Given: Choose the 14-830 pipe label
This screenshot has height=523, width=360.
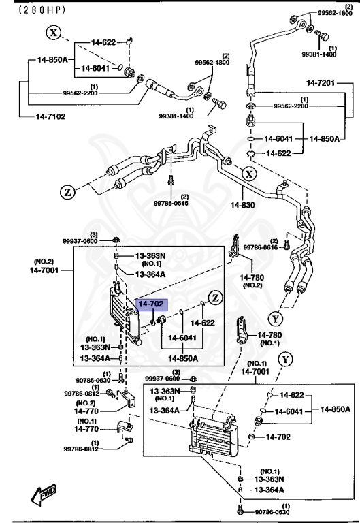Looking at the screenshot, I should [x=242, y=204].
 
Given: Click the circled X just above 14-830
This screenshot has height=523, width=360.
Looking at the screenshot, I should [x=249, y=174].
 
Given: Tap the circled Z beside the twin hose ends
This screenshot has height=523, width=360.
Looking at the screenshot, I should [x=67, y=193].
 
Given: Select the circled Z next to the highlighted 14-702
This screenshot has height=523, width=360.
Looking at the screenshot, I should [x=215, y=297].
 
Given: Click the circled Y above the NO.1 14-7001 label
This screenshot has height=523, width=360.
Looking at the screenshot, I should [x=285, y=359].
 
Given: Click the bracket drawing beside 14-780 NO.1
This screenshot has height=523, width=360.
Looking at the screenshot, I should [x=242, y=331].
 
